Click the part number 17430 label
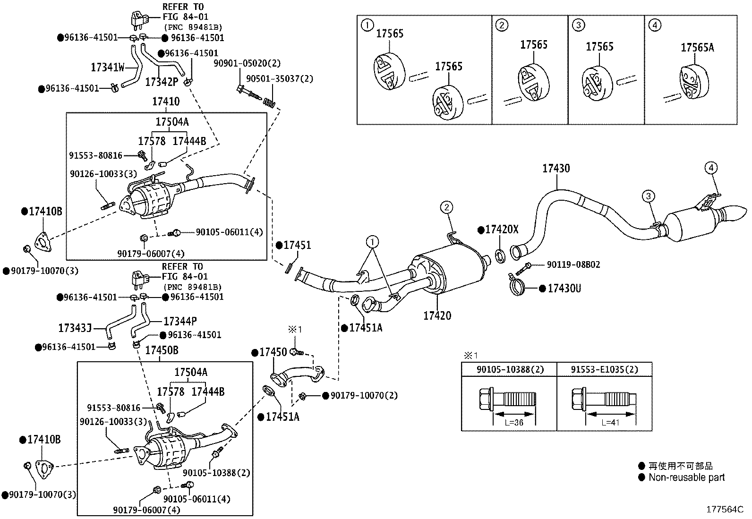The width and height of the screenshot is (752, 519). coord(555,169)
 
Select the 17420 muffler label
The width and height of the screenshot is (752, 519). coord(437,315)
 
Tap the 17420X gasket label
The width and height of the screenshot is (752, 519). coord(502,230)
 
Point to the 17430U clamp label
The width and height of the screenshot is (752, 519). coord(564,288)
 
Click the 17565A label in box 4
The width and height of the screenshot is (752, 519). coord(697,47)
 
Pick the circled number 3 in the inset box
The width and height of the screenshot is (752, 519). coord(577,25)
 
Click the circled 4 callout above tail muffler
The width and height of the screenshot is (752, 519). coord(711,167)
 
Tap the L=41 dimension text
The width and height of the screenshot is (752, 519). coord(610,423)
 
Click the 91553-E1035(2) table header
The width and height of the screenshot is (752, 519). coord(604,369)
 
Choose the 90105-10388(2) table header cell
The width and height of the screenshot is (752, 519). coord(509,369)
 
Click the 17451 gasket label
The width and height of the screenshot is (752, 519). coord(297,245)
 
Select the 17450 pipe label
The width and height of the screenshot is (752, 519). coord(273,352)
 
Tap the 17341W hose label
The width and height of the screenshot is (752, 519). coord(108,68)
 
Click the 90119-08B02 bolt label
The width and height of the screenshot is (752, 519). coord(573,264)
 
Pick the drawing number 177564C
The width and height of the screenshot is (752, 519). coord(725,509)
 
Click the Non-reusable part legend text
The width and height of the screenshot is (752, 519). coord(686,477)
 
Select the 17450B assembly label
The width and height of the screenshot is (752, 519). coord(162,350)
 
